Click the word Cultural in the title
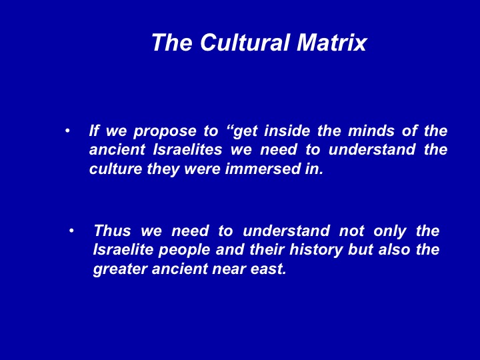click(245, 42)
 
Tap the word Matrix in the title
click(331, 42)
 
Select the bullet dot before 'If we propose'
click(67, 131)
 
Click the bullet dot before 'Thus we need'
click(71, 231)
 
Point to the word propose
click(165, 132)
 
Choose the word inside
click(287, 131)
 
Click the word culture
click(116, 169)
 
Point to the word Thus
click(113, 231)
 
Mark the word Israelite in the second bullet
click(123, 249)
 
